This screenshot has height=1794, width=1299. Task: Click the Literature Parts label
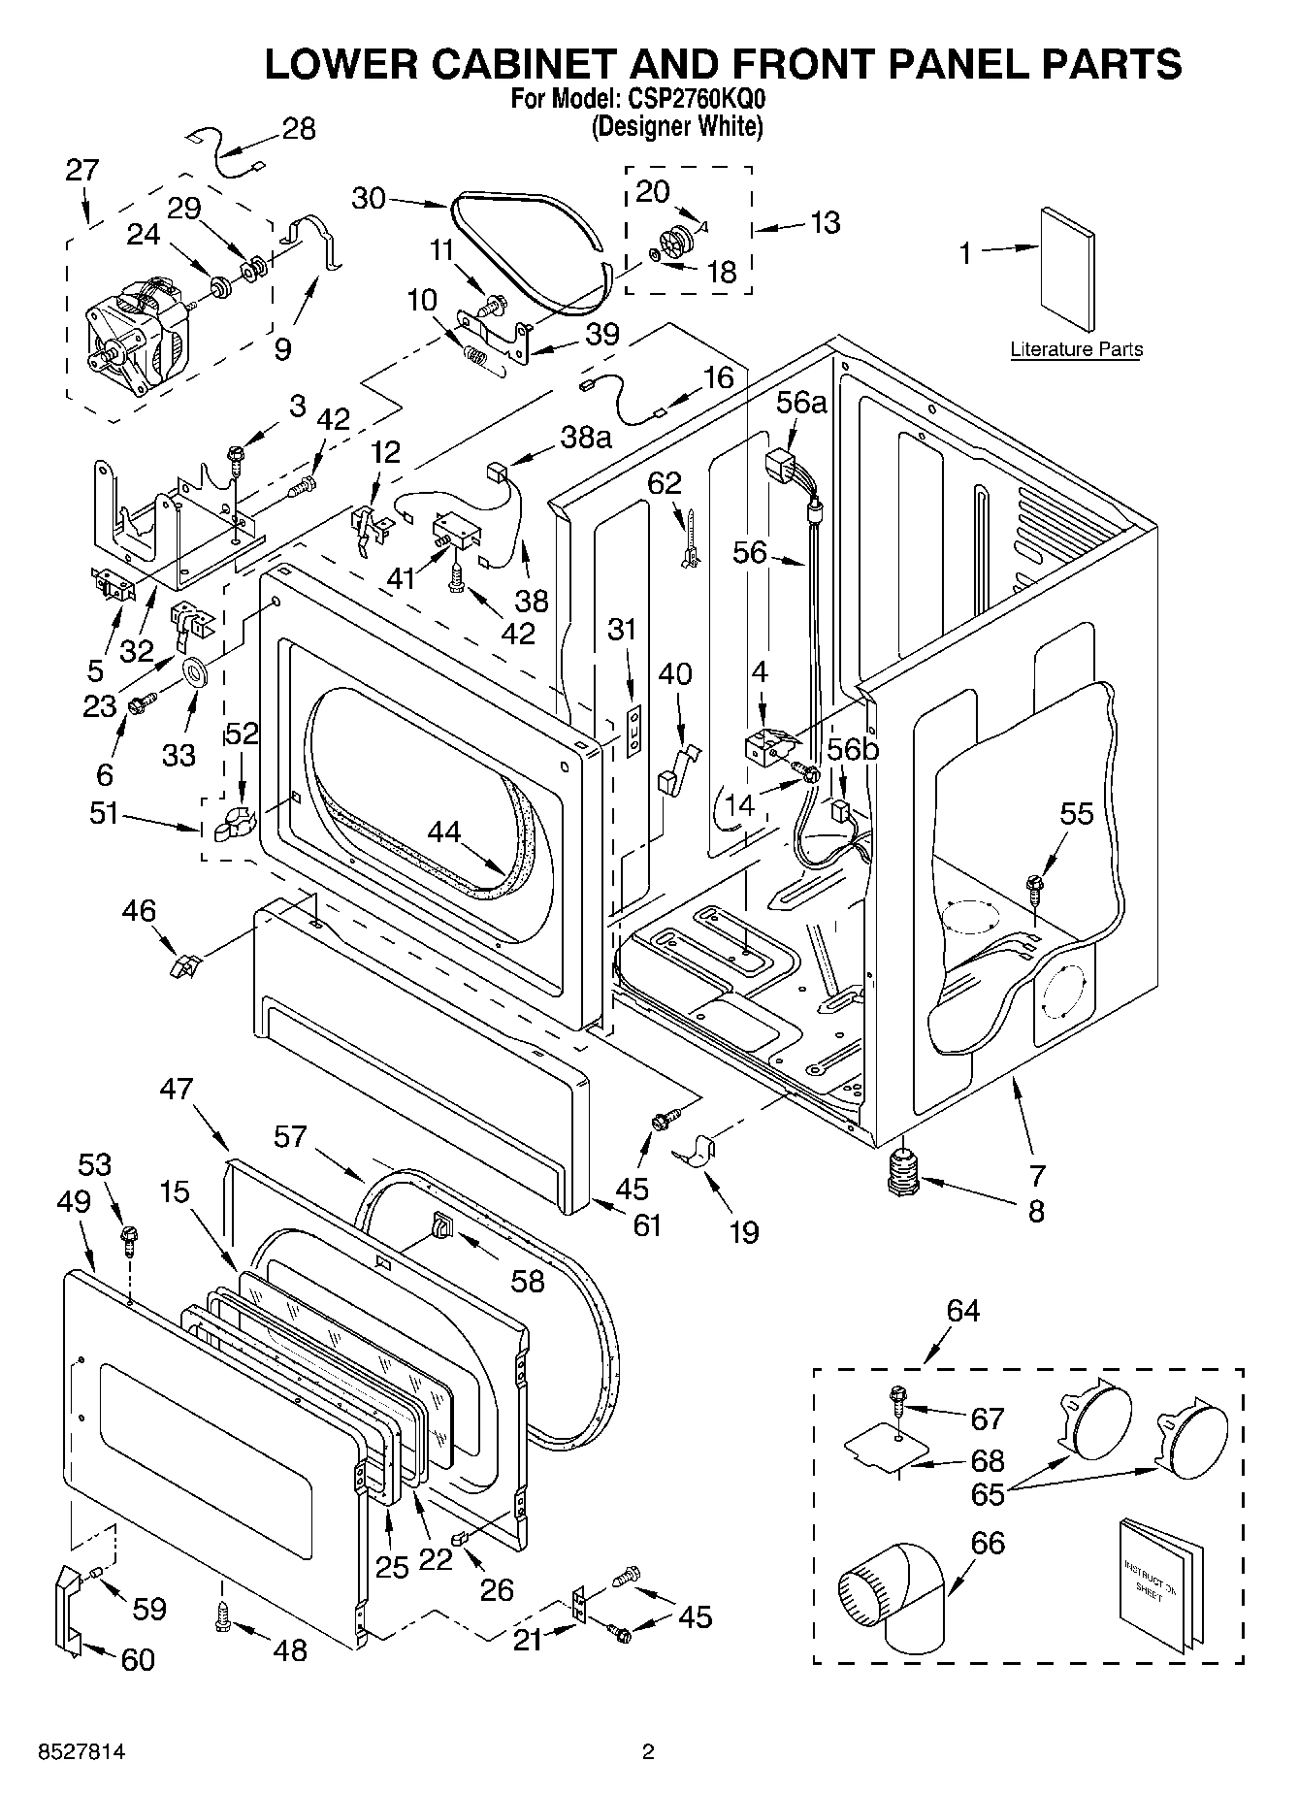(x=1076, y=349)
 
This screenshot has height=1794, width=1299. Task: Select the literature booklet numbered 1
(x=1068, y=271)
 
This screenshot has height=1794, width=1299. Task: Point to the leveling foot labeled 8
(x=903, y=1173)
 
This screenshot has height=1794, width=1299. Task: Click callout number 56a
(x=800, y=402)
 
